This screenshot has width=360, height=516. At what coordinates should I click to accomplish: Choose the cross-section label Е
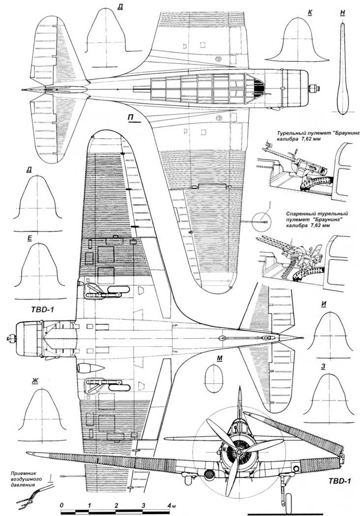point(30,238)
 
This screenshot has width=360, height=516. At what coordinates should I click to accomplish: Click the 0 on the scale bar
point(61,505)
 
